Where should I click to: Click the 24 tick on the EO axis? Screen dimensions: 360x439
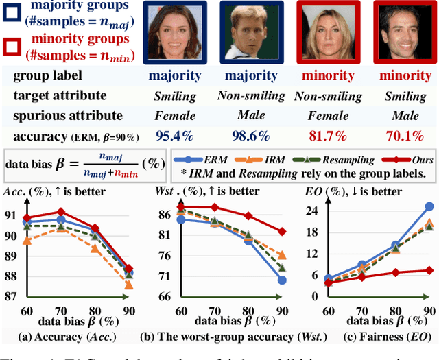click(x=312, y=211)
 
